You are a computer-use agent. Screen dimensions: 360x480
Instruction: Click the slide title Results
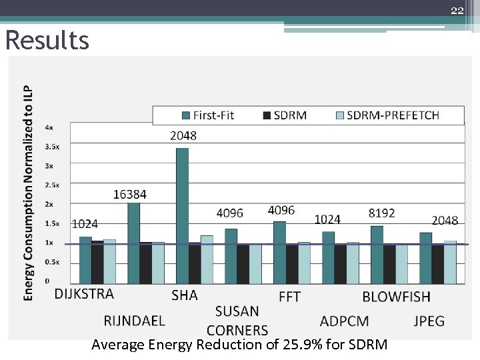tap(47, 41)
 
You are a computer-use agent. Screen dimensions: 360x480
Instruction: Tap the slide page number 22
tap(457, 10)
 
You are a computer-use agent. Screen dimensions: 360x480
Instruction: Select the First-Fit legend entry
tap(207, 115)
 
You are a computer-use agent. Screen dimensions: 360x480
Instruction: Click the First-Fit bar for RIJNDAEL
tap(133, 243)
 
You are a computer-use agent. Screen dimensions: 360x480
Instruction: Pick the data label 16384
tap(129, 195)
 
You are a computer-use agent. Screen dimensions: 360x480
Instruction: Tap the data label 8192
tap(381, 213)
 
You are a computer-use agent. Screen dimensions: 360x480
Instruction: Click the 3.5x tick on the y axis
tap(52, 146)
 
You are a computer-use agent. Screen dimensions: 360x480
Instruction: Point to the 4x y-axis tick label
tap(49, 127)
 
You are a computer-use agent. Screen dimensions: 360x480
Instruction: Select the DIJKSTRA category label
tap(84, 294)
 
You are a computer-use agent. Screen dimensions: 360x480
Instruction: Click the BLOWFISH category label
tap(396, 297)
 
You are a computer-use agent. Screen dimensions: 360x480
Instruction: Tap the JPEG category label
tap(429, 321)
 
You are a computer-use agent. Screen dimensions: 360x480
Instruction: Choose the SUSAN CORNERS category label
tap(237, 321)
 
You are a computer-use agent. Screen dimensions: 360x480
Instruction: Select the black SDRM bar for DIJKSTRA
tap(97, 263)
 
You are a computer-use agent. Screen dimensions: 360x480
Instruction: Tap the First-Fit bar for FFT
tap(279, 253)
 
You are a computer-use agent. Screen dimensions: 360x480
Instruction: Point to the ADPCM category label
tap(344, 321)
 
